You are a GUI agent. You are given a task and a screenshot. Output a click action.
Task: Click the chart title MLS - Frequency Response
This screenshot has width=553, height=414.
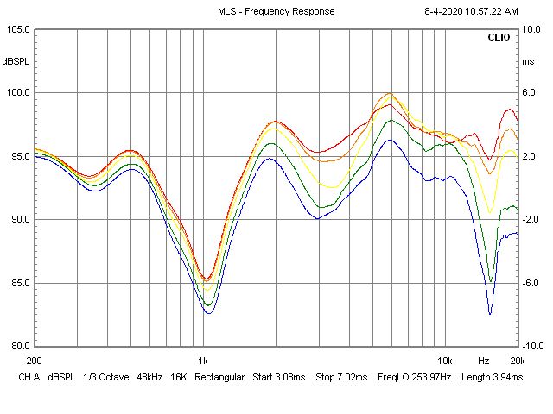coord(276,11)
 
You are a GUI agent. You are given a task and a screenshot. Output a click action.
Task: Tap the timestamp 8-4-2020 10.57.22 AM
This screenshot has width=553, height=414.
coord(471,11)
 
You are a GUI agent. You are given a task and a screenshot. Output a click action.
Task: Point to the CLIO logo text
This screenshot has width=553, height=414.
coord(499,38)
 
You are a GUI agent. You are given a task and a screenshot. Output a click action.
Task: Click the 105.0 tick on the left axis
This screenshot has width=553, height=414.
coord(18,29)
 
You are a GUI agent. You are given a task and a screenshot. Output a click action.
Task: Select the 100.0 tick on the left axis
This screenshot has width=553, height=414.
coord(18,93)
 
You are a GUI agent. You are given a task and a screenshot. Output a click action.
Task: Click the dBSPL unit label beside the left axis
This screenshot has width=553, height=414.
coord(16,61)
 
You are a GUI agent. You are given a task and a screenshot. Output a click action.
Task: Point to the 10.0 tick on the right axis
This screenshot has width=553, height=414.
coord(531,29)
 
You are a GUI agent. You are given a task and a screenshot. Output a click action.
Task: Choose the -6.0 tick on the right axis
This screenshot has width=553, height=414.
coord(531,283)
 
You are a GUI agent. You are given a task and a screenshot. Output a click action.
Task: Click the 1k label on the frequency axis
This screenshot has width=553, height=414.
coord(203,359)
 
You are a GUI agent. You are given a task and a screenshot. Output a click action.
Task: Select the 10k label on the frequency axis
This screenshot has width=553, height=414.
coord(444,359)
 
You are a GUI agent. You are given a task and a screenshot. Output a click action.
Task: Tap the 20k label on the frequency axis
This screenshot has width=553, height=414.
coord(517,359)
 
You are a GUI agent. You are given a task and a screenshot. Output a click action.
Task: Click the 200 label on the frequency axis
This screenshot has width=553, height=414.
coord(35,359)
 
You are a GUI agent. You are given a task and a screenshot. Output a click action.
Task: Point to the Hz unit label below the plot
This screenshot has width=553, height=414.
coord(484,359)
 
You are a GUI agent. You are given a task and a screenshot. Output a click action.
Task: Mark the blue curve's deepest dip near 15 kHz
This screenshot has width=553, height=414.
coord(490,314)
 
